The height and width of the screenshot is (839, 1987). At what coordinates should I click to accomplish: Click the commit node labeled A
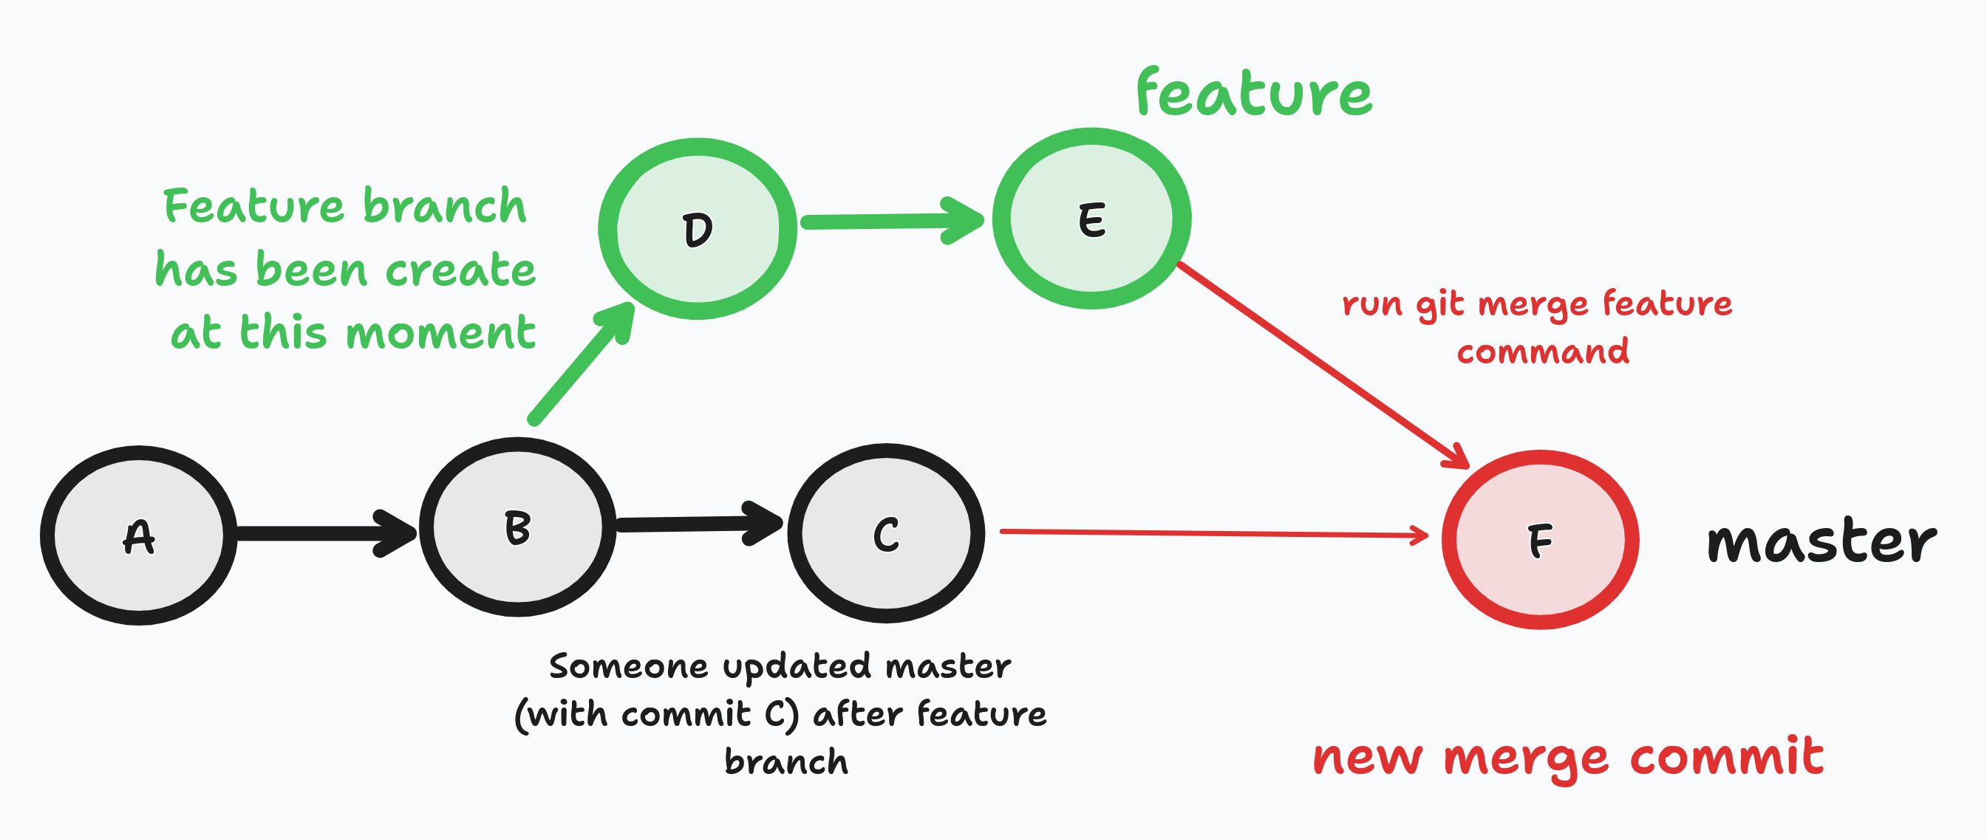139,535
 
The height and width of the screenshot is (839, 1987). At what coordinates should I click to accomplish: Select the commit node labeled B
517,527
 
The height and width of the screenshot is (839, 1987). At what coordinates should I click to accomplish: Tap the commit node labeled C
885,534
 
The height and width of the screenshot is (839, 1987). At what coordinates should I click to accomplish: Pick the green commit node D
698,229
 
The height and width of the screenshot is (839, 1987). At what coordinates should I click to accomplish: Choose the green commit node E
1091,219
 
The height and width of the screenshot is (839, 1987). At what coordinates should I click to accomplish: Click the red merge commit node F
1540,540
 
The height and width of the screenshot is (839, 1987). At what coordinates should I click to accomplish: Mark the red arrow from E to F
1319,363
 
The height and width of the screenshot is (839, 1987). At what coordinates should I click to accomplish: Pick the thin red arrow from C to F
1211,532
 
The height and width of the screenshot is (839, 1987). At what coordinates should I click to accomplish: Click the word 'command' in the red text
1543,352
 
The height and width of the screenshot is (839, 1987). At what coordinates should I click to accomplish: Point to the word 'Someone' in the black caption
628,666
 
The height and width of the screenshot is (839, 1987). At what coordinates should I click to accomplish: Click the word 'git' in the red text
1439,305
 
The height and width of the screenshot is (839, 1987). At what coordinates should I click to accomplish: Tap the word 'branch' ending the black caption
785,762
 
